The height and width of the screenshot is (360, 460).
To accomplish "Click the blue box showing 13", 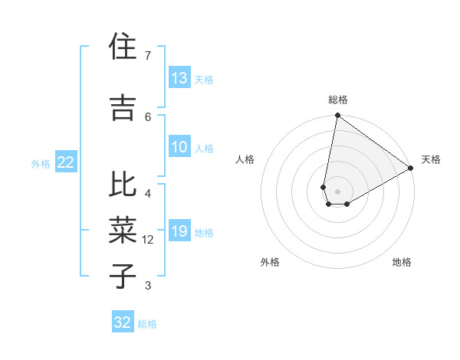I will point(179,78).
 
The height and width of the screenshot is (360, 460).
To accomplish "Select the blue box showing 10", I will point(179,147).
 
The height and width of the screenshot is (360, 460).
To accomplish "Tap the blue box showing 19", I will point(179,231).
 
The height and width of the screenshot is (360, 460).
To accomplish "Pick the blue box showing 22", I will point(66,162).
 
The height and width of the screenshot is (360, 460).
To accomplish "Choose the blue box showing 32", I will point(123,322).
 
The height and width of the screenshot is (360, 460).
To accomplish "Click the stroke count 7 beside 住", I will point(147,56).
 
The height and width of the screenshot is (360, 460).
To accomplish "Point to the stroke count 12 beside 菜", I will point(149,240).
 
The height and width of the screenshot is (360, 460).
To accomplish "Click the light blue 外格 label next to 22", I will point(41,163).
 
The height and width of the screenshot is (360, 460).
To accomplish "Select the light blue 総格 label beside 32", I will point(147,323).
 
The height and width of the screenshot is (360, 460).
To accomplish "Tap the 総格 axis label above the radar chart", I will point(337,100).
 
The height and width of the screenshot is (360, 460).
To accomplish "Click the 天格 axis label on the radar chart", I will point(431,159).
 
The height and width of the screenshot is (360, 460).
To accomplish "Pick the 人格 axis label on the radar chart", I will point(245,159).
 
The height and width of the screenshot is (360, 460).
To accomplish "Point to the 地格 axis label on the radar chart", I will point(402,262).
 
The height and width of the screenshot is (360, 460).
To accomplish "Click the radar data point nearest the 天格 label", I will point(411,169).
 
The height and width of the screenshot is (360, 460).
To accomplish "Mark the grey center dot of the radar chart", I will point(337,190).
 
